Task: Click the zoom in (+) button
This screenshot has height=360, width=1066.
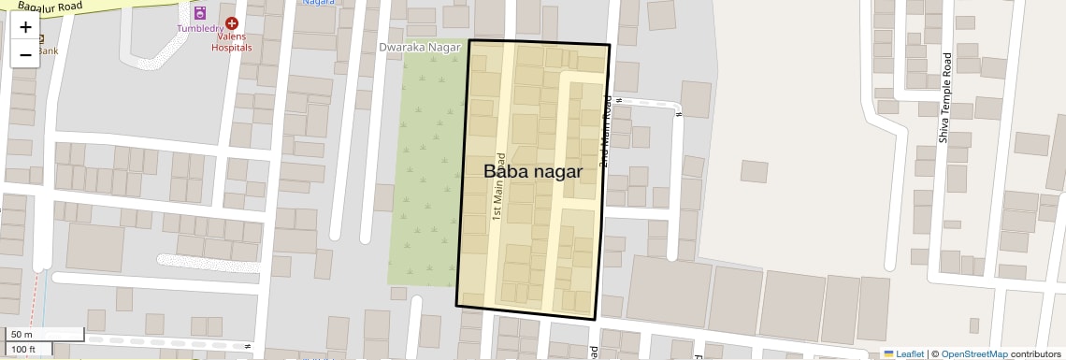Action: click(x=25, y=27)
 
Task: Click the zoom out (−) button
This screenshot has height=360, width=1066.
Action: click(x=25, y=55)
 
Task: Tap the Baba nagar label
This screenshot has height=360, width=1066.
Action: click(x=533, y=172)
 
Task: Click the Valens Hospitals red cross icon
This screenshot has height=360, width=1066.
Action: click(x=231, y=22)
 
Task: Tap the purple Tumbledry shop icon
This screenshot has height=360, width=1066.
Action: click(x=199, y=13)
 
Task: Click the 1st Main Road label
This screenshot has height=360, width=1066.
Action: click(x=499, y=186)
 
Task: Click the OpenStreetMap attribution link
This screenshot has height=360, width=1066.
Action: click(x=974, y=353)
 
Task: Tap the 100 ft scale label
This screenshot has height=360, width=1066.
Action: click(x=24, y=349)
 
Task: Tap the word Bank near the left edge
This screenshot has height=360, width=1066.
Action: click(x=47, y=50)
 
